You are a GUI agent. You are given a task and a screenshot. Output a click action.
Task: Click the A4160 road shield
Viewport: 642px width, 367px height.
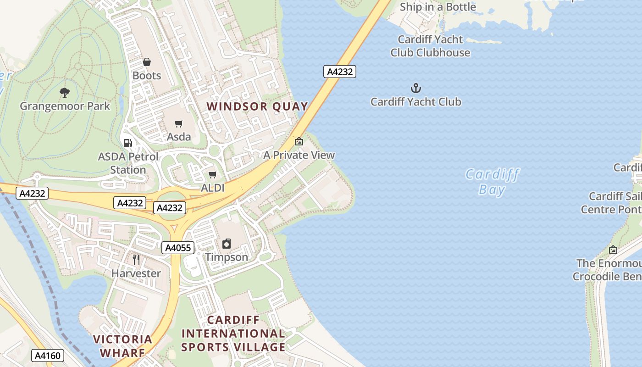[x=48, y=356]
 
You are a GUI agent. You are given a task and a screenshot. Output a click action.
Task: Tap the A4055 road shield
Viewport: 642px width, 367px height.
[x=178, y=248]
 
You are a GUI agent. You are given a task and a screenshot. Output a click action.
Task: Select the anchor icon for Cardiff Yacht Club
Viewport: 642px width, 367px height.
[x=415, y=88]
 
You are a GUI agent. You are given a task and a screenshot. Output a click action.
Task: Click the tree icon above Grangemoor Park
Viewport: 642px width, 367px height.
[x=65, y=92]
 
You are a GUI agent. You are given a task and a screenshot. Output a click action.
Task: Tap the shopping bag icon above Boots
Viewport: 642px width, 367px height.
[x=147, y=62]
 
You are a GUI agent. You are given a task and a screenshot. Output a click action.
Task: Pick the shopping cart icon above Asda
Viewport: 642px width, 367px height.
[x=178, y=123]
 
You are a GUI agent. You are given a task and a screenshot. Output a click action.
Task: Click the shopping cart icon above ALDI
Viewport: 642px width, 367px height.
[x=212, y=174]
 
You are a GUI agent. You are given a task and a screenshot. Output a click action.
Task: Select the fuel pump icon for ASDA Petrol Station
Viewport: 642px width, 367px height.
[x=128, y=143]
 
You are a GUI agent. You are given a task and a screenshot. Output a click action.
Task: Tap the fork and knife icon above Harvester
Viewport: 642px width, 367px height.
[x=136, y=260]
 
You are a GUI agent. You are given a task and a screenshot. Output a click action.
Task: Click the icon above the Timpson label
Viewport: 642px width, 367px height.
[x=227, y=244]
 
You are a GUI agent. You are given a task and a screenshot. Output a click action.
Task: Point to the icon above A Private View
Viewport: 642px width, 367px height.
[x=299, y=141]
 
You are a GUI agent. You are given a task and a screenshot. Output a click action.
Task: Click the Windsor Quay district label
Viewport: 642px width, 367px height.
[x=257, y=106]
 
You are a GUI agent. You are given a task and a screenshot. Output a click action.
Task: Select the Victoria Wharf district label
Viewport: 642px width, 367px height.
[x=122, y=346]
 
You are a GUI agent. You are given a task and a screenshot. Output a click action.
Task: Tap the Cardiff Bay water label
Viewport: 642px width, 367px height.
[x=492, y=182]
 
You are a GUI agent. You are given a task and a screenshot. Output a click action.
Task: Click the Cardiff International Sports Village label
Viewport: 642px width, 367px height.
[x=233, y=334]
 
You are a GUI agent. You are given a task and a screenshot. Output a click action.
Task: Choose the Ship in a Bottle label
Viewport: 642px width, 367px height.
[x=437, y=7]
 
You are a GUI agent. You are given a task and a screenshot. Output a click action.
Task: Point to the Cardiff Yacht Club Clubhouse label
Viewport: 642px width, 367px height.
[x=430, y=46]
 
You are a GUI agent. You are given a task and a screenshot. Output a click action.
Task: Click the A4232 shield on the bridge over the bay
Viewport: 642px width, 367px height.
[x=340, y=72]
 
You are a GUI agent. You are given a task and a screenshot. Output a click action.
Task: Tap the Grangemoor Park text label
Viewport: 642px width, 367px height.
[x=65, y=106]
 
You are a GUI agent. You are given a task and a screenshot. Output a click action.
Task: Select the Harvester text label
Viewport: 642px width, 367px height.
[x=136, y=273]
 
